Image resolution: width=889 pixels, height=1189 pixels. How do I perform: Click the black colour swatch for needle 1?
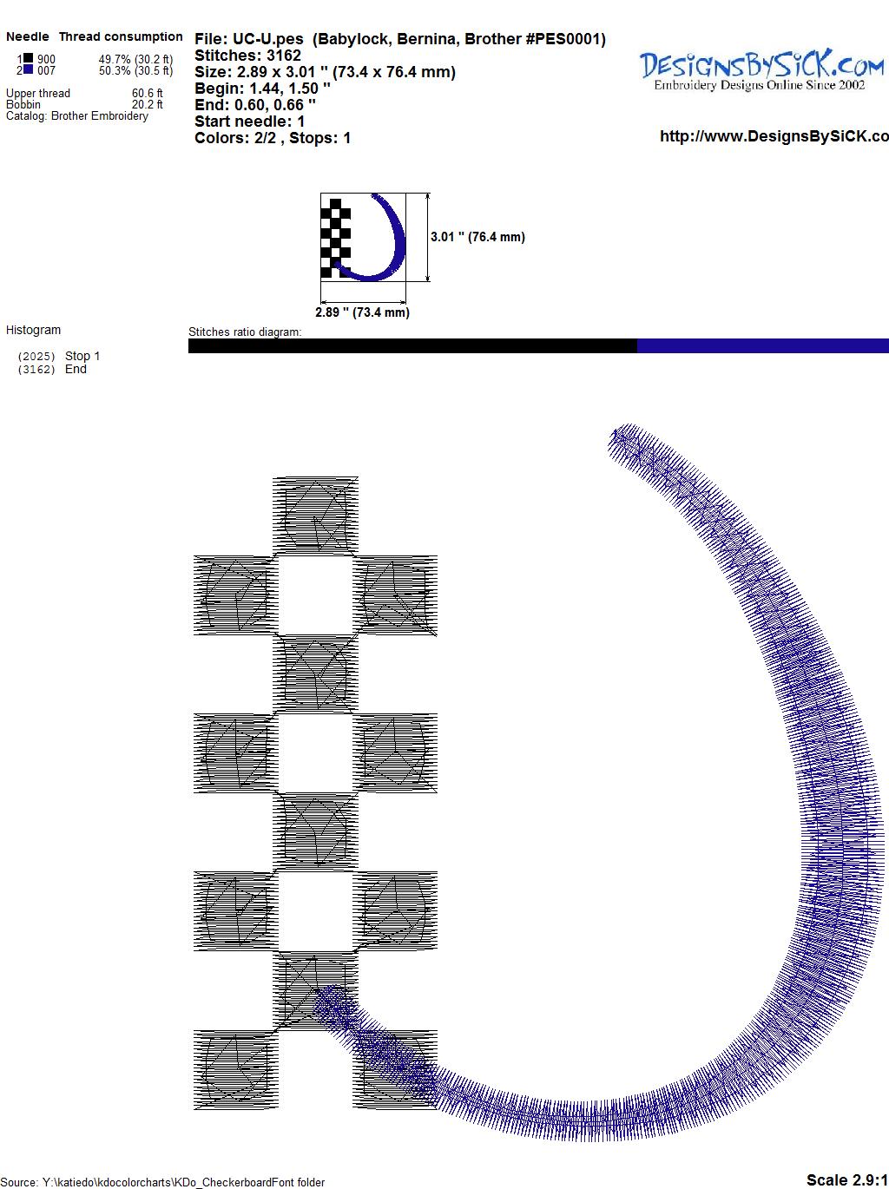click(28, 58)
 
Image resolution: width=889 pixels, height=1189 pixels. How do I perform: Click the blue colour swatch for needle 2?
click(28, 69)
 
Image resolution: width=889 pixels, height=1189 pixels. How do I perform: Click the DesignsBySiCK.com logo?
click(761, 70)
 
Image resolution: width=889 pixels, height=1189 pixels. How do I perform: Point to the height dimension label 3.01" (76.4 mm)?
click(477, 237)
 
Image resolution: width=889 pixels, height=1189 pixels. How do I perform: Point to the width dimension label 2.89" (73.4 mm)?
click(362, 312)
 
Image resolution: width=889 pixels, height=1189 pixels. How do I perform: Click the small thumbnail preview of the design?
click(363, 237)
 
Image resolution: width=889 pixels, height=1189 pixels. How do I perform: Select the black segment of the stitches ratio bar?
click(412, 345)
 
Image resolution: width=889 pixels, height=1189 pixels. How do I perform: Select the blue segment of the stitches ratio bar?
click(763, 345)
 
